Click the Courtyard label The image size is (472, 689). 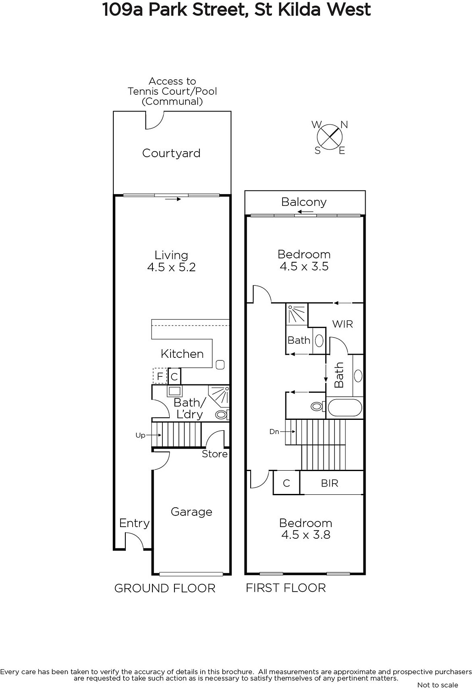(x=171, y=153)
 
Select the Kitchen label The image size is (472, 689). (x=182, y=354)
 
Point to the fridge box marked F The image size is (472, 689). (x=160, y=376)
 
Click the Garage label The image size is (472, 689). (x=191, y=512)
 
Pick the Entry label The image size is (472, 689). (x=134, y=523)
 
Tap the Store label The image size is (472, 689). (x=215, y=454)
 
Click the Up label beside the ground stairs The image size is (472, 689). (x=140, y=435)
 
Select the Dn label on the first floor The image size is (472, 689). (x=274, y=431)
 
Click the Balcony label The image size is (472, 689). (x=304, y=202)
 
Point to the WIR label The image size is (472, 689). (x=342, y=324)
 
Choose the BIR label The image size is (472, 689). (x=329, y=483)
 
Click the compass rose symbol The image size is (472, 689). (x=329, y=137)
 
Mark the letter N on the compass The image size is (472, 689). (x=344, y=124)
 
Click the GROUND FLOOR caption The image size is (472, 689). (x=165, y=588)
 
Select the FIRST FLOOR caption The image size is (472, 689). (x=286, y=588)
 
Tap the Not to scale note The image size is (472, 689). (x=438, y=685)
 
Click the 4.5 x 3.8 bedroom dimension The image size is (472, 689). (x=306, y=535)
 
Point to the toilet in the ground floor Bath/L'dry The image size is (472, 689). (x=222, y=415)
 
